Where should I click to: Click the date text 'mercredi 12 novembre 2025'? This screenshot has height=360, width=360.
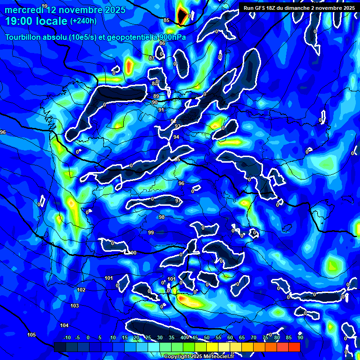pos(65,10)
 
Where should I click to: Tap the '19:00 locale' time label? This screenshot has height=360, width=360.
pos(36,21)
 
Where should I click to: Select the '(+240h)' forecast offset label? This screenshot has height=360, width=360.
pos(83,21)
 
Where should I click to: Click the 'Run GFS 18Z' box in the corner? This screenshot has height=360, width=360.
pos(298,7)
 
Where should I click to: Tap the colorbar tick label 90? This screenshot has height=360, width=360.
pos(300,337)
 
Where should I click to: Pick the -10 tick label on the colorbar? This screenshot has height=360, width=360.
pos(67,337)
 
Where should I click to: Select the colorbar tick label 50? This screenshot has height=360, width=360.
pos(207,337)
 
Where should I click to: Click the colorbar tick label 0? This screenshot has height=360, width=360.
pos(88,337)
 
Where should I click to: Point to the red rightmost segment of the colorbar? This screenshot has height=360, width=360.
pos(294,347)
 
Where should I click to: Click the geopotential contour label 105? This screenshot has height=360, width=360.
pos(31,335)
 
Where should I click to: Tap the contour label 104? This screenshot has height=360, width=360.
pos(64,325)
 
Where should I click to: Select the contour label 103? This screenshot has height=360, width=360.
pos(75,306)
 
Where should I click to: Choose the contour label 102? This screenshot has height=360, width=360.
pos(81,290)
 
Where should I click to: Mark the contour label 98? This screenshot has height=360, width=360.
pos(162,217)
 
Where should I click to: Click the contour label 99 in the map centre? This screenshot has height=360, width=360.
pos(151,232)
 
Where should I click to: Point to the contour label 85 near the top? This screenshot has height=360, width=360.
pos(166,20)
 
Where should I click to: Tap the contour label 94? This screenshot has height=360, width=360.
pos(176,137)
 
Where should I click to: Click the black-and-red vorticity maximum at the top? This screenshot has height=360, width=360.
pos(181,15)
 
